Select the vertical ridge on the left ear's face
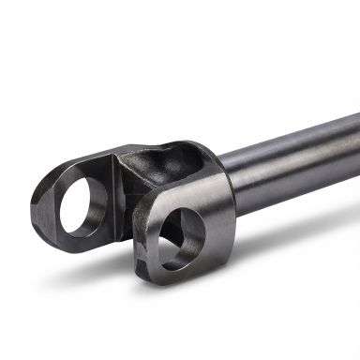click(114, 192)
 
